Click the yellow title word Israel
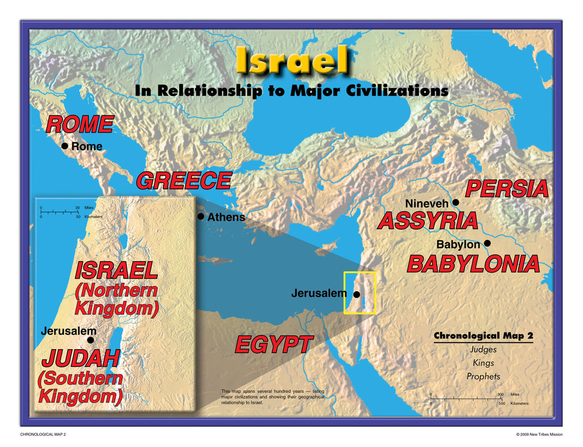[291, 60]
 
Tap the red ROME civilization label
[79, 124]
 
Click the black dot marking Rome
[65, 146]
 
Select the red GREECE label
[183, 181]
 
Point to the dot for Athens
[200, 217]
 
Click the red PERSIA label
[506, 189]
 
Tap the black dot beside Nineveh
[455, 202]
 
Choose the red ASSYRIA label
[428, 221]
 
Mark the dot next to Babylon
[487, 243]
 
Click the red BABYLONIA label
[473, 264]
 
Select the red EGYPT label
[273, 345]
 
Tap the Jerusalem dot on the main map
[356, 295]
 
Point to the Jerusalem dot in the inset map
[90, 340]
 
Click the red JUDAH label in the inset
[80, 358]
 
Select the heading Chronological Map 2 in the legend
[483, 336]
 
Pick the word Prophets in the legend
[483, 376]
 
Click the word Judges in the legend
[483, 350]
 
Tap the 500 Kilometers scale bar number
[501, 403]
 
